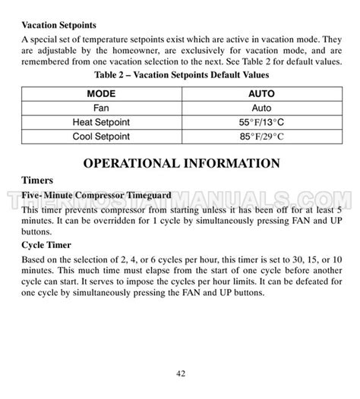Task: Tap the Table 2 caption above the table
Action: [x=180, y=75]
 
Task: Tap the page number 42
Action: [x=180, y=373]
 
